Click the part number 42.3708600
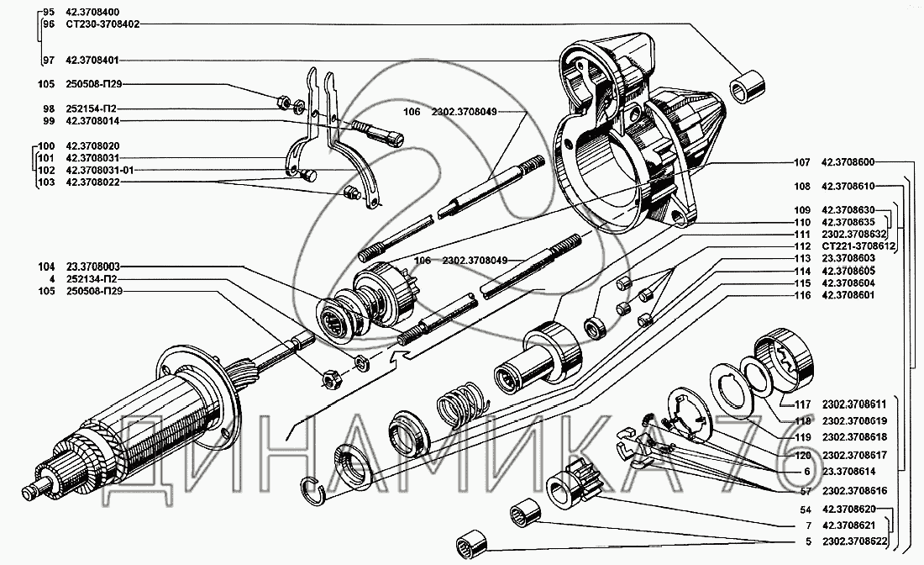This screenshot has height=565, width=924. point(849,163)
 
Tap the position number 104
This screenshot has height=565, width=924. point(45,266)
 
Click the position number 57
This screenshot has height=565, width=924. point(805,490)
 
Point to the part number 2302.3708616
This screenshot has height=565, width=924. point(859,490)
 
